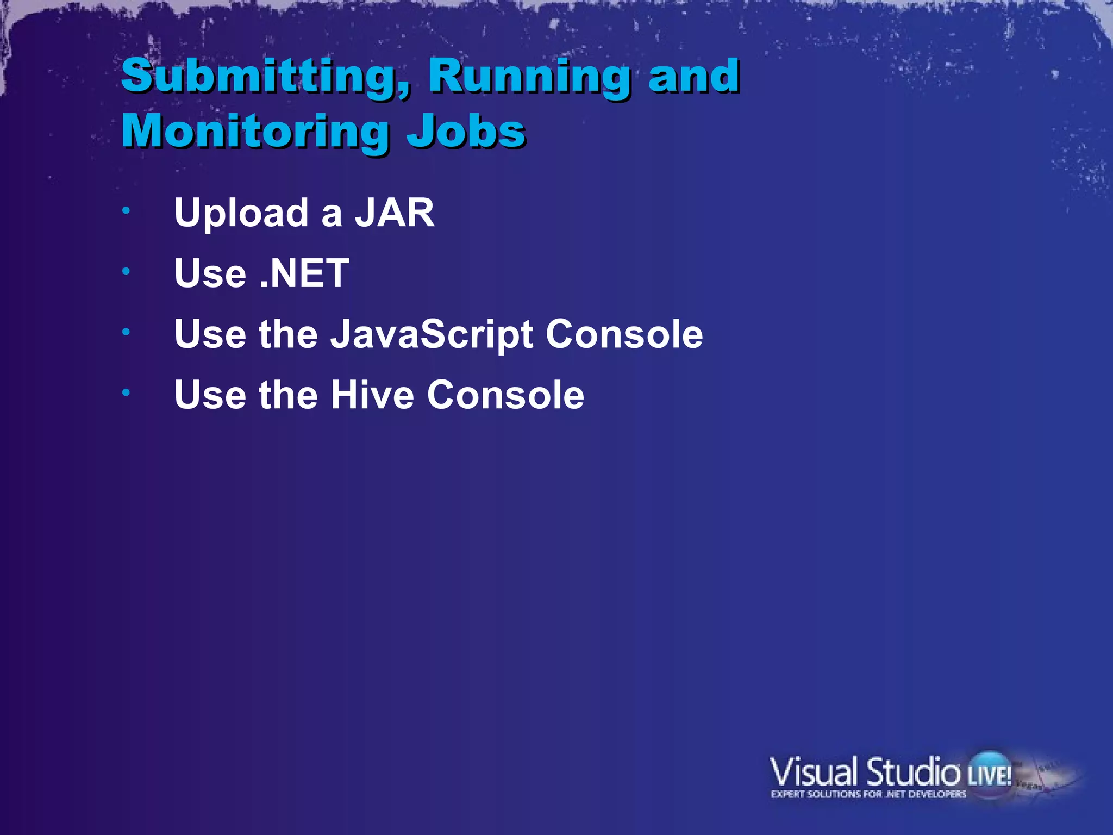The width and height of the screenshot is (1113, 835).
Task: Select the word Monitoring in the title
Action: [255, 132]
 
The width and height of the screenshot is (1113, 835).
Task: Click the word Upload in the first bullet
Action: [241, 214]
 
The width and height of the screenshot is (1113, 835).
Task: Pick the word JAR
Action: [395, 213]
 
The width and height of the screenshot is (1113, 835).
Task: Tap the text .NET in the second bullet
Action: [304, 273]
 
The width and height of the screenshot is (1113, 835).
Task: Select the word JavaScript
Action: [432, 335]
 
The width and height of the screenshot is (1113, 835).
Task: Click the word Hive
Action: [372, 395]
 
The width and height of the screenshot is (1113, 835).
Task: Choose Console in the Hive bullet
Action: [505, 395]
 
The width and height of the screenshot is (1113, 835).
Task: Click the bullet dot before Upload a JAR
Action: [126, 210]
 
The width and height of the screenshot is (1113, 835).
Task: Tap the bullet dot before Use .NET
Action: [126, 271]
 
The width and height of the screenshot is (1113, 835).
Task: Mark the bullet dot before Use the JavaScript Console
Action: [126, 332]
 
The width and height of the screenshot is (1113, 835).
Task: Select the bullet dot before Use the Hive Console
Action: [126, 392]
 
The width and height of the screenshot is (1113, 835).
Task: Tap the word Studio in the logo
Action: [913, 772]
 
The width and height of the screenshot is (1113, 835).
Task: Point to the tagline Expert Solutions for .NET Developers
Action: [868, 795]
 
